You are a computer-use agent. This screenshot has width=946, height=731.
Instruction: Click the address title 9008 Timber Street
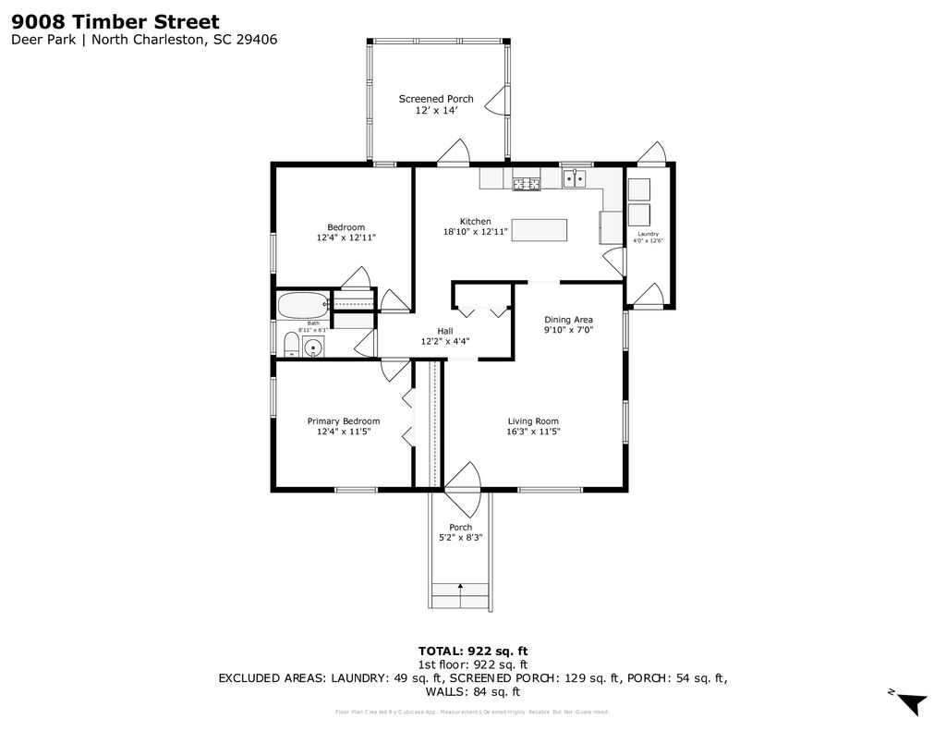(x=115, y=20)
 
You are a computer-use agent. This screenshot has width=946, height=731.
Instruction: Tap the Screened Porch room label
(x=436, y=99)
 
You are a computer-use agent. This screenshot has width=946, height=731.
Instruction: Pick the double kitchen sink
(x=576, y=178)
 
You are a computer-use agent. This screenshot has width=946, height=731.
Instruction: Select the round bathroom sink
(x=314, y=348)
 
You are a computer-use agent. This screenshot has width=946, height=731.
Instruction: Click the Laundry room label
(x=649, y=234)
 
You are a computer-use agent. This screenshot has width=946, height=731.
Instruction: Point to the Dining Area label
(x=568, y=319)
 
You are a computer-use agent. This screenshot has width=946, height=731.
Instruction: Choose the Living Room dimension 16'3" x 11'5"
(x=533, y=432)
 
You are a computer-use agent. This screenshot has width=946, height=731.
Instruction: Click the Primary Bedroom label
(x=344, y=421)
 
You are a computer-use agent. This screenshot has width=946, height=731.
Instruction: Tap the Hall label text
(x=445, y=331)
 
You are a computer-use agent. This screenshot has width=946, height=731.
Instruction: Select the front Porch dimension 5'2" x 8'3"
(x=461, y=537)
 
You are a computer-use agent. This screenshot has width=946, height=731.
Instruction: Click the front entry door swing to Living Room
(x=465, y=488)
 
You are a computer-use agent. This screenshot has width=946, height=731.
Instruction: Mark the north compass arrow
(x=913, y=703)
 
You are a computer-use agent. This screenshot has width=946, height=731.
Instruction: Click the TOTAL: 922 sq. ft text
(x=473, y=651)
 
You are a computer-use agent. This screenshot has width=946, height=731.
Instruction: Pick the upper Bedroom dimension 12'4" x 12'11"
(x=346, y=238)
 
